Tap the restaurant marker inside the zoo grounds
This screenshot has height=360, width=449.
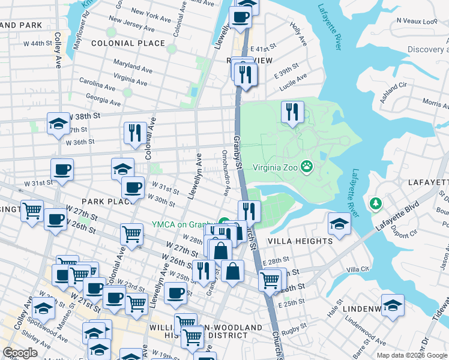click(x=292, y=112)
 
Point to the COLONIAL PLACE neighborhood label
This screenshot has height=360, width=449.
click(x=128, y=43)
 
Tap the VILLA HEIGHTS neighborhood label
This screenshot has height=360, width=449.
click(x=300, y=241)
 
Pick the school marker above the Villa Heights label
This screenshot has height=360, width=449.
click(x=339, y=224)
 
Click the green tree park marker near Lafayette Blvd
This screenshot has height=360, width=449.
click(x=376, y=204)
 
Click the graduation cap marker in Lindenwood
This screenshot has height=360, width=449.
click(x=393, y=306)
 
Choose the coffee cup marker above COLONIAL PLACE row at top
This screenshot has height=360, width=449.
click(x=241, y=17)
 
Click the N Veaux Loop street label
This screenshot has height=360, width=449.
click(x=417, y=21)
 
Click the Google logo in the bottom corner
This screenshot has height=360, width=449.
click(x=20, y=353)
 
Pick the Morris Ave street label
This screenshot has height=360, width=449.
click(x=435, y=103)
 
